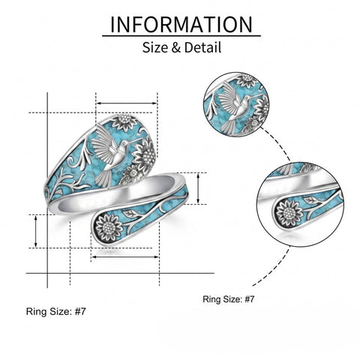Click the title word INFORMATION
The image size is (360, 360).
(181, 24)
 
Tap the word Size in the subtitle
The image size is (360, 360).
(155, 47)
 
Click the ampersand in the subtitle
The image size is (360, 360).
(176, 47)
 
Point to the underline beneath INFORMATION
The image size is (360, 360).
(181, 36)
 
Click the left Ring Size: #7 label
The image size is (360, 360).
(56, 311)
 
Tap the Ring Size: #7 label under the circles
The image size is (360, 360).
(229, 299)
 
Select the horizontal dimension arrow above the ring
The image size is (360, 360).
(127, 103)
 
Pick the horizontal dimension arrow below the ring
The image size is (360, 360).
(125, 256)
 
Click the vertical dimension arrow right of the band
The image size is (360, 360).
(198, 188)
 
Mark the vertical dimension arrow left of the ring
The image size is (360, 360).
(36, 232)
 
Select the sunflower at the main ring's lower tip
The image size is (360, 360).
(109, 228)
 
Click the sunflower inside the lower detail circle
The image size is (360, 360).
(289, 213)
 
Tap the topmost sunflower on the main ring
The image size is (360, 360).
(124, 121)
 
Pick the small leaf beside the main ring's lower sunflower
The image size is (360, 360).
(129, 213)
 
